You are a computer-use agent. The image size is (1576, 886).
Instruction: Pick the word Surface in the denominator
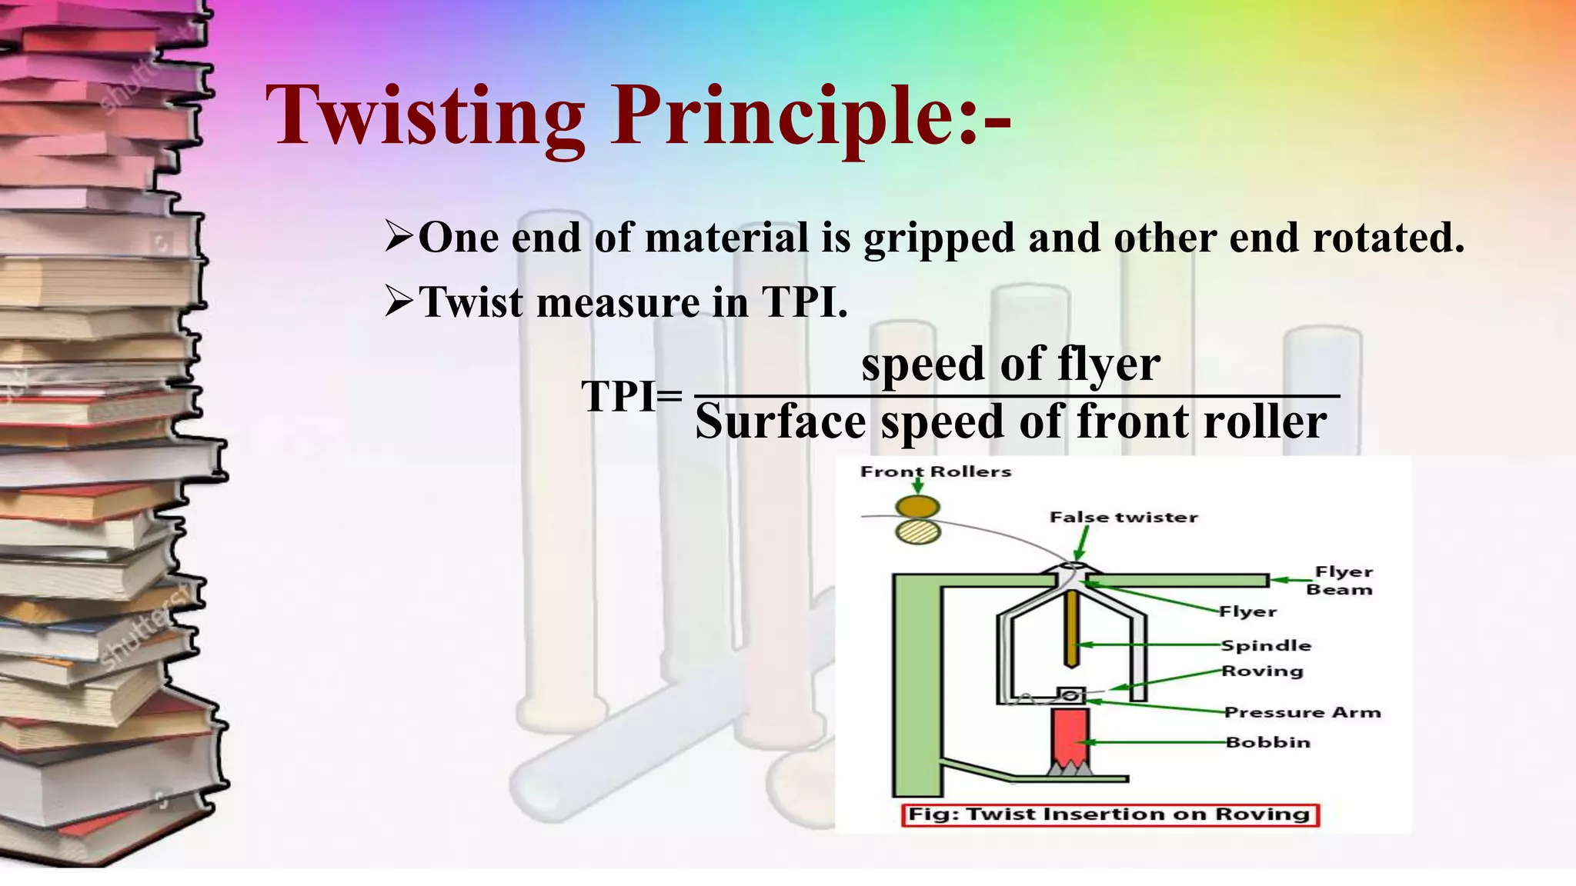click(780, 422)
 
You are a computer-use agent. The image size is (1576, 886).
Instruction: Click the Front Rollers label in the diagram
click(935, 471)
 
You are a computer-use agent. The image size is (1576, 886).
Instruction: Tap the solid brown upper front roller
click(918, 507)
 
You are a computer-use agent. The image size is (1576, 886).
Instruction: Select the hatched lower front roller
click(918, 531)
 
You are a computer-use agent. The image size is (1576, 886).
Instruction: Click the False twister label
click(1123, 518)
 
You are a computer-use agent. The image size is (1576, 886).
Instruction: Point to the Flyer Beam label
click(1342, 581)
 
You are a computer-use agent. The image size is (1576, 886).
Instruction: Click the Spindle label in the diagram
click(1266, 645)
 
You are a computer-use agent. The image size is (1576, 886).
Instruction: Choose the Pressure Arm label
click(1302, 712)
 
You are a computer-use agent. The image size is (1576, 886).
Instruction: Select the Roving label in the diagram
click(1262, 671)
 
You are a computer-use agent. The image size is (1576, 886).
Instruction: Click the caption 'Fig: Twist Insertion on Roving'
click(1109, 814)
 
